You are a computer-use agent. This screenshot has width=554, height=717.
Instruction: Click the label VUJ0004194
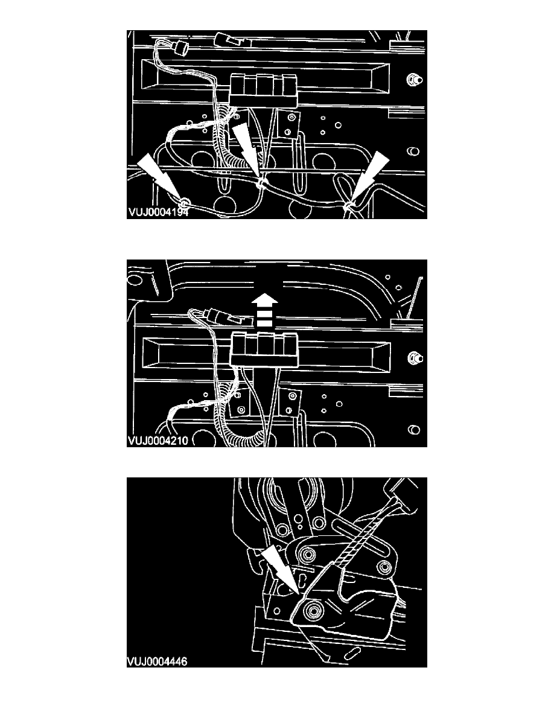[x=158, y=212]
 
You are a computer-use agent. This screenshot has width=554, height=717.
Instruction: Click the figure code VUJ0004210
[x=158, y=441]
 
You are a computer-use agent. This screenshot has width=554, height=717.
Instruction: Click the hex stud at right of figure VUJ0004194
[x=414, y=80]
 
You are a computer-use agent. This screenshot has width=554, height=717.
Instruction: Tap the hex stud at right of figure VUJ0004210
[x=414, y=358]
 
